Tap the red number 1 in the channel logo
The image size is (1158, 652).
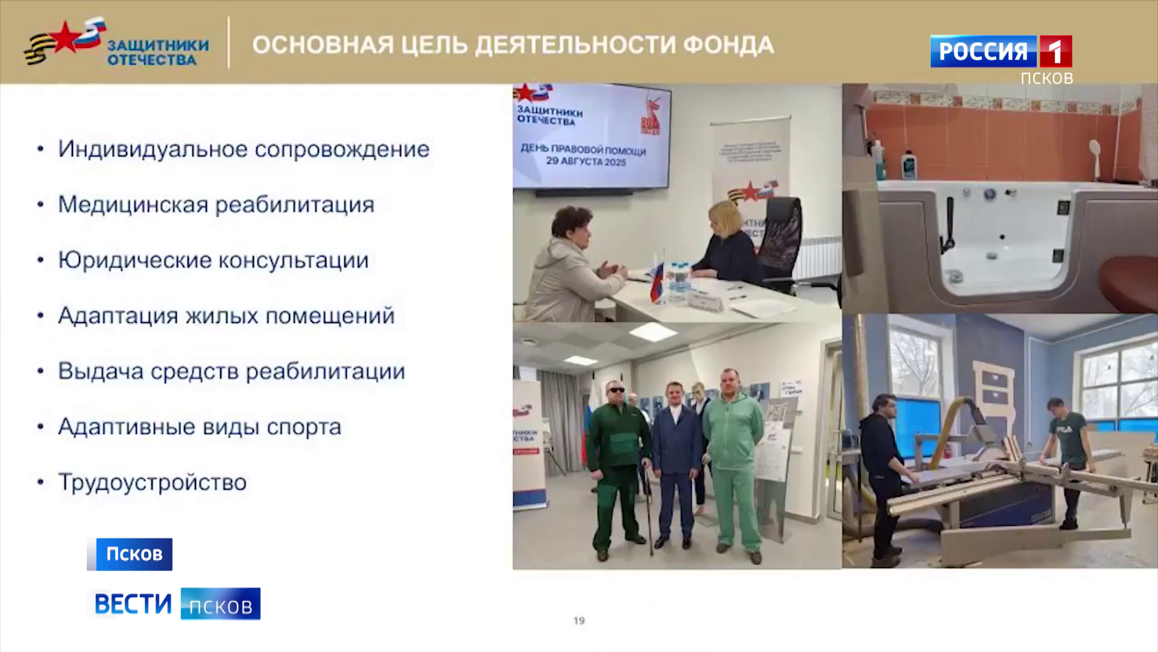point(1055,52)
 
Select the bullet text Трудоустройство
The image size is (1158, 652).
point(152,482)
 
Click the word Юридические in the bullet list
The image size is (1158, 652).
point(133,260)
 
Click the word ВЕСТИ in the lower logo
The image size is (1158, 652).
point(133,604)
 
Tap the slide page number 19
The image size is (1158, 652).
point(579,621)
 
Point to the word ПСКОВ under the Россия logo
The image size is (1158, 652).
point(1046,78)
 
